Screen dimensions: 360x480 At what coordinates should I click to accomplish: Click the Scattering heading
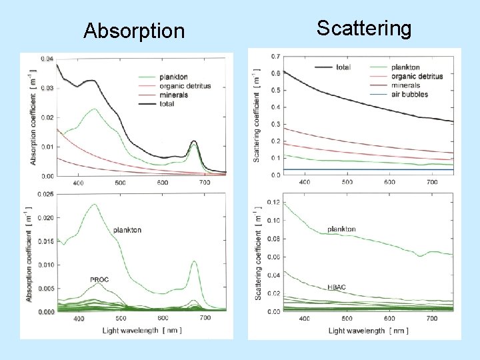click(364, 28)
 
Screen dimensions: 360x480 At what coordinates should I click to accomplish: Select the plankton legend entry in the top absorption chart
click(173, 77)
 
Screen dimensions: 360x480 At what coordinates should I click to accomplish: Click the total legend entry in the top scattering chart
click(344, 67)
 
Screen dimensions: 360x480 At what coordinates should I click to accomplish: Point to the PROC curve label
click(99, 279)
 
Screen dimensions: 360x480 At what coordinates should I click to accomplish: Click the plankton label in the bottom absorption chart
click(127, 230)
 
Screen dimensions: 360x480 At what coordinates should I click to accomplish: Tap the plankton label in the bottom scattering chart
click(341, 229)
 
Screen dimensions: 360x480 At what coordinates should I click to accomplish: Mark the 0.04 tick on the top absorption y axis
click(47, 59)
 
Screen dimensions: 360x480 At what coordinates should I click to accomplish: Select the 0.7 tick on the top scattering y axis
click(275, 55)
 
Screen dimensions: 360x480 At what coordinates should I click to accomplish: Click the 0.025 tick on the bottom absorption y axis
click(45, 195)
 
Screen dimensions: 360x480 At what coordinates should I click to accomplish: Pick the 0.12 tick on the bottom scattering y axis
click(274, 202)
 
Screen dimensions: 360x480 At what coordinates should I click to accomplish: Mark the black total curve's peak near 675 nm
click(194, 141)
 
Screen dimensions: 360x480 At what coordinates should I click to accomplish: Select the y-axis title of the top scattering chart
click(257, 118)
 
